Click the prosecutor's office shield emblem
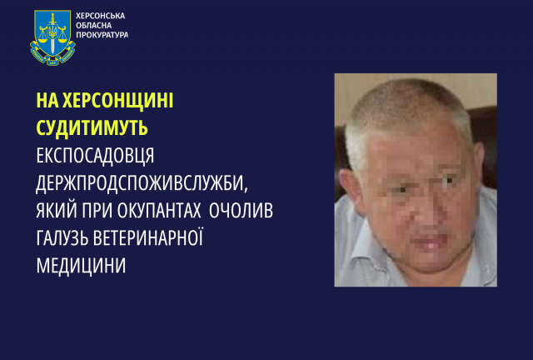pos(54,39)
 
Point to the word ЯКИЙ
pos(59,211)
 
